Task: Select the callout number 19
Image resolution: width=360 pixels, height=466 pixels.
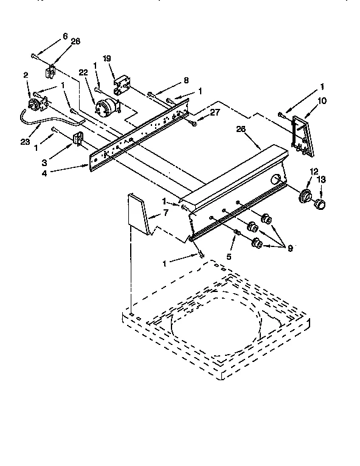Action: pos(106,59)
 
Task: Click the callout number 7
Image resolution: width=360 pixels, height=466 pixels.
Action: pos(165,213)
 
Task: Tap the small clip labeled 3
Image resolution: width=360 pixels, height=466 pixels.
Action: pos(78,140)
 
